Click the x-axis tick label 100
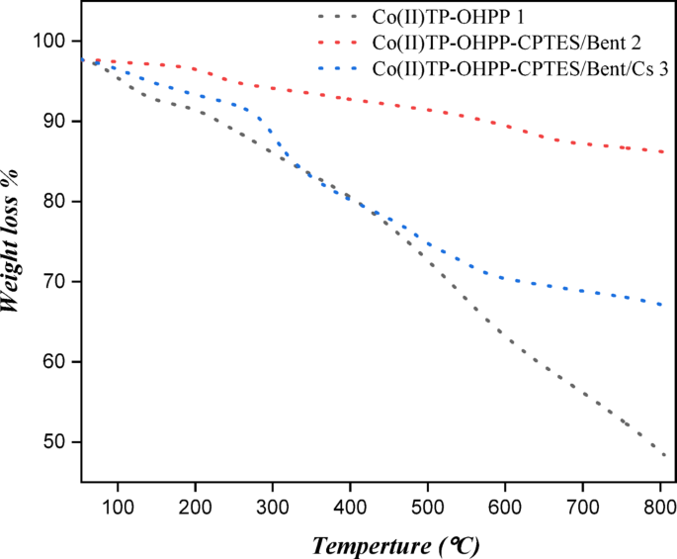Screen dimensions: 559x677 click(118, 508)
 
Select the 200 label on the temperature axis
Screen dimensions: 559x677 click(195, 508)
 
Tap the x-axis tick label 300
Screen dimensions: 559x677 click(273, 508)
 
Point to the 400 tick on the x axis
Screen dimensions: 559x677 click(350, 508)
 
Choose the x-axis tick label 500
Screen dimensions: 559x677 click(428, 508)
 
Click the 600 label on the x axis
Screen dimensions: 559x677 click(505, 508)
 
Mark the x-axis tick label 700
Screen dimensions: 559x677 click(583, 508)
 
